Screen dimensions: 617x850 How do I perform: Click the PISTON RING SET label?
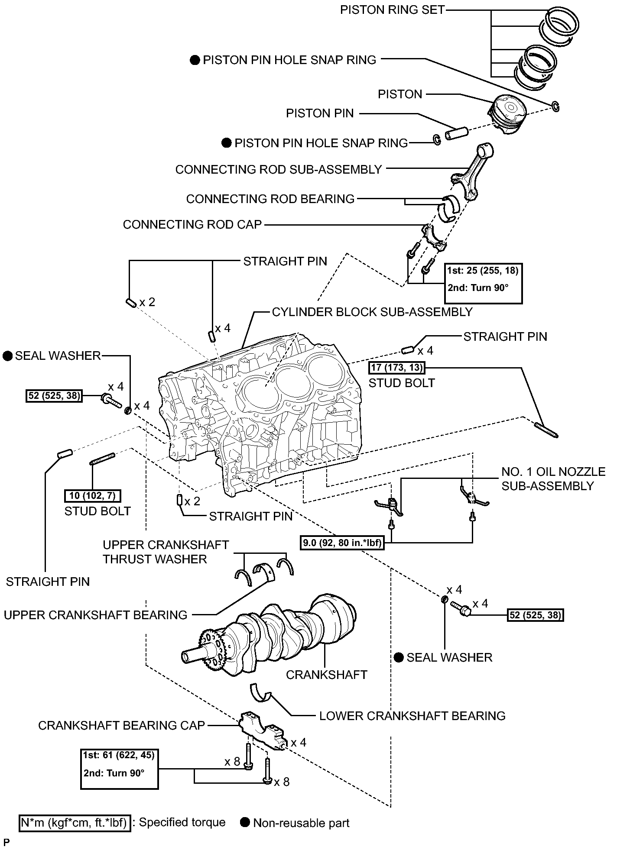(x=393, y=10)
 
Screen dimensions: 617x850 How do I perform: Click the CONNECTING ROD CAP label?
(x=192, y=225)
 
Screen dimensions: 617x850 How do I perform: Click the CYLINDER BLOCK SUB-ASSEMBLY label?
(x=372, y=312)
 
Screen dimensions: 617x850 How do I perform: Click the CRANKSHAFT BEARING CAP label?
(x=121, y=725)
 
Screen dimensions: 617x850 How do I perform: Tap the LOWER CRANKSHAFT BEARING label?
(x=412, y=716)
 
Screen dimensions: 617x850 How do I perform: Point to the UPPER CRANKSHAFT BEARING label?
(x=96, y=615)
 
